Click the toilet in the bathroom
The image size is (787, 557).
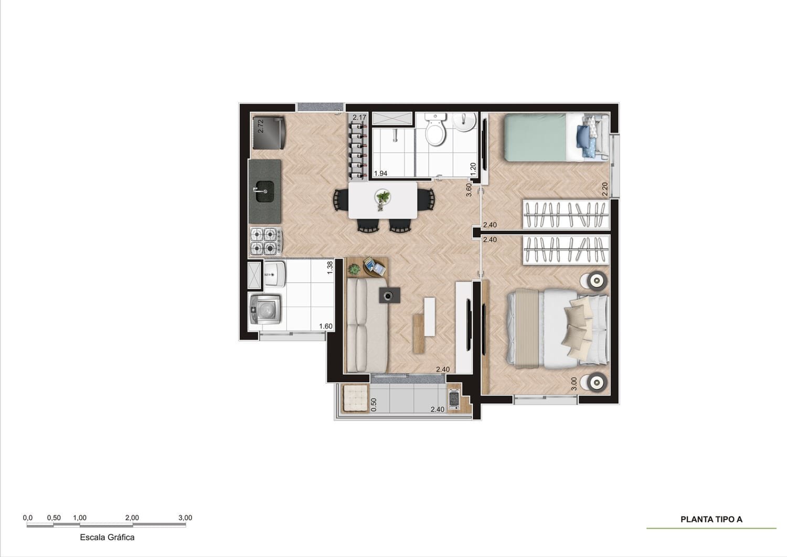point(435,131)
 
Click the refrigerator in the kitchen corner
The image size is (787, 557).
point(269,132)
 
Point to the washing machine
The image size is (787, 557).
point(265,310)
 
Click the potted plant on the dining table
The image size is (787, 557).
point(382,199)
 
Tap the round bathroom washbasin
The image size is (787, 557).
point(464,123)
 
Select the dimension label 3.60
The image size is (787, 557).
point(470,190)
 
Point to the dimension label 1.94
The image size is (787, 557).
point(380,174)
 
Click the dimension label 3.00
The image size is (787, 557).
point(574,384)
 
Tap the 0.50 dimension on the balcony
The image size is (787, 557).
point(374,404)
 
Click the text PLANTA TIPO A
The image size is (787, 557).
point(711,519)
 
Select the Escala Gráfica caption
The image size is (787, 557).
point(107,537)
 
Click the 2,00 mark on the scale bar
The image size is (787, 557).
point(132,518)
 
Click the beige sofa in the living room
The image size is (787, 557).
point(366,324)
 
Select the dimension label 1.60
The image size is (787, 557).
point(326,327)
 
